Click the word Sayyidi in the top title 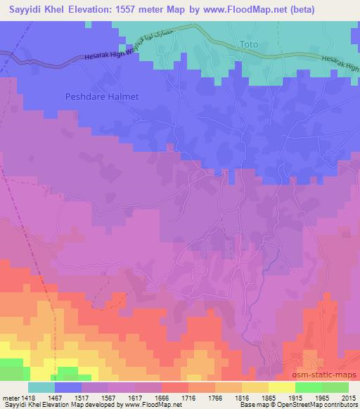click(25, 10)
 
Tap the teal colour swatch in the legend click(41, 387)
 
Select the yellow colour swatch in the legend click(281, 387)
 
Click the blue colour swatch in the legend click(68, 387)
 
